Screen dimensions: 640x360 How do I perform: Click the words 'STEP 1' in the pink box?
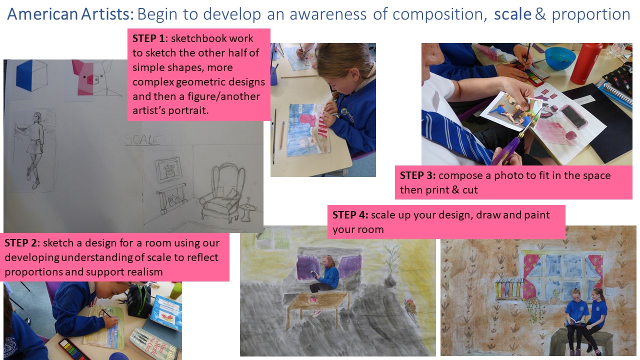[148, 38]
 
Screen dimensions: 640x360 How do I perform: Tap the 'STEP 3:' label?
[417, 175]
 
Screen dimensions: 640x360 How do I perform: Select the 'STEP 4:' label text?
[350, 215]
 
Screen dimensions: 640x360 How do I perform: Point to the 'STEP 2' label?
[21, 243]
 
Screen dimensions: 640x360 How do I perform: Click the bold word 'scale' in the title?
[512, 14]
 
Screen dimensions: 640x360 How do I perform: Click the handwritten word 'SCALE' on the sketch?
[142, 139]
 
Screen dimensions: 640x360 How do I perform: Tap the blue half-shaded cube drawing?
[31, 75]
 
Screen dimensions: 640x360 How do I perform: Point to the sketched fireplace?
[171, 198]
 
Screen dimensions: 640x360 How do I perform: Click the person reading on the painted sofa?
[325, 274]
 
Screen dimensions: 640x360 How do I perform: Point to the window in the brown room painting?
[563, 274]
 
